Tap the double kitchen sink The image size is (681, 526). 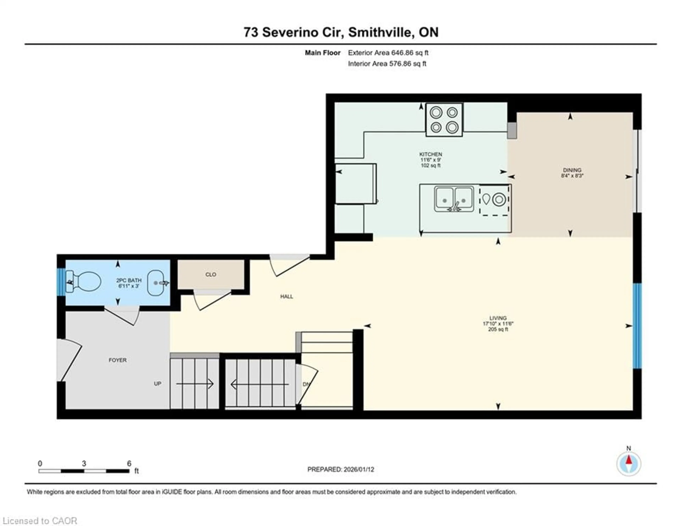454,199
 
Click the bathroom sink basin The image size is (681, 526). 155,283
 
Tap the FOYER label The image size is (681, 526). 118,360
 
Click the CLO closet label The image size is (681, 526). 211,275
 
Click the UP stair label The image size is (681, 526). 157,384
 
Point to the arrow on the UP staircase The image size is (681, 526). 195,384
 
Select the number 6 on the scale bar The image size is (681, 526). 129,464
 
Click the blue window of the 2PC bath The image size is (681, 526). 61,282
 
